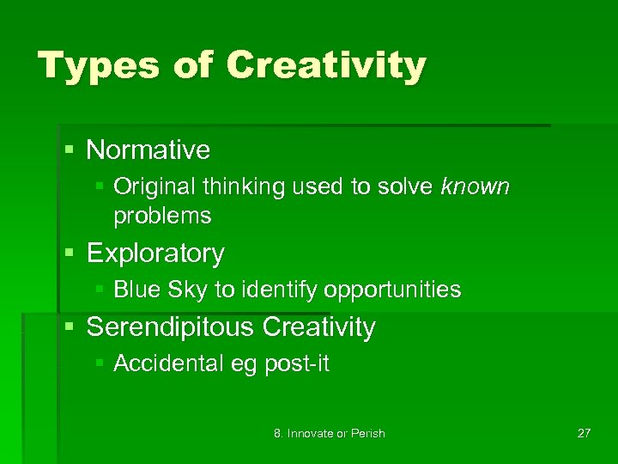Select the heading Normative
[148, 150]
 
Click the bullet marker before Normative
[70, 151]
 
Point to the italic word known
[475, 186]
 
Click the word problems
[162, 216]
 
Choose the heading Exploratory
[155, 253]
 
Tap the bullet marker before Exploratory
[70, 254]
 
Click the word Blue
[130, 290]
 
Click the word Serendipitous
[171, 327]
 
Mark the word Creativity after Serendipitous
[318, 327]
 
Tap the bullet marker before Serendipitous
[70, 328]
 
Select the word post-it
[296, 364]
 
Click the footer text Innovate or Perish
[336, 433]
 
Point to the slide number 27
[584, 433]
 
